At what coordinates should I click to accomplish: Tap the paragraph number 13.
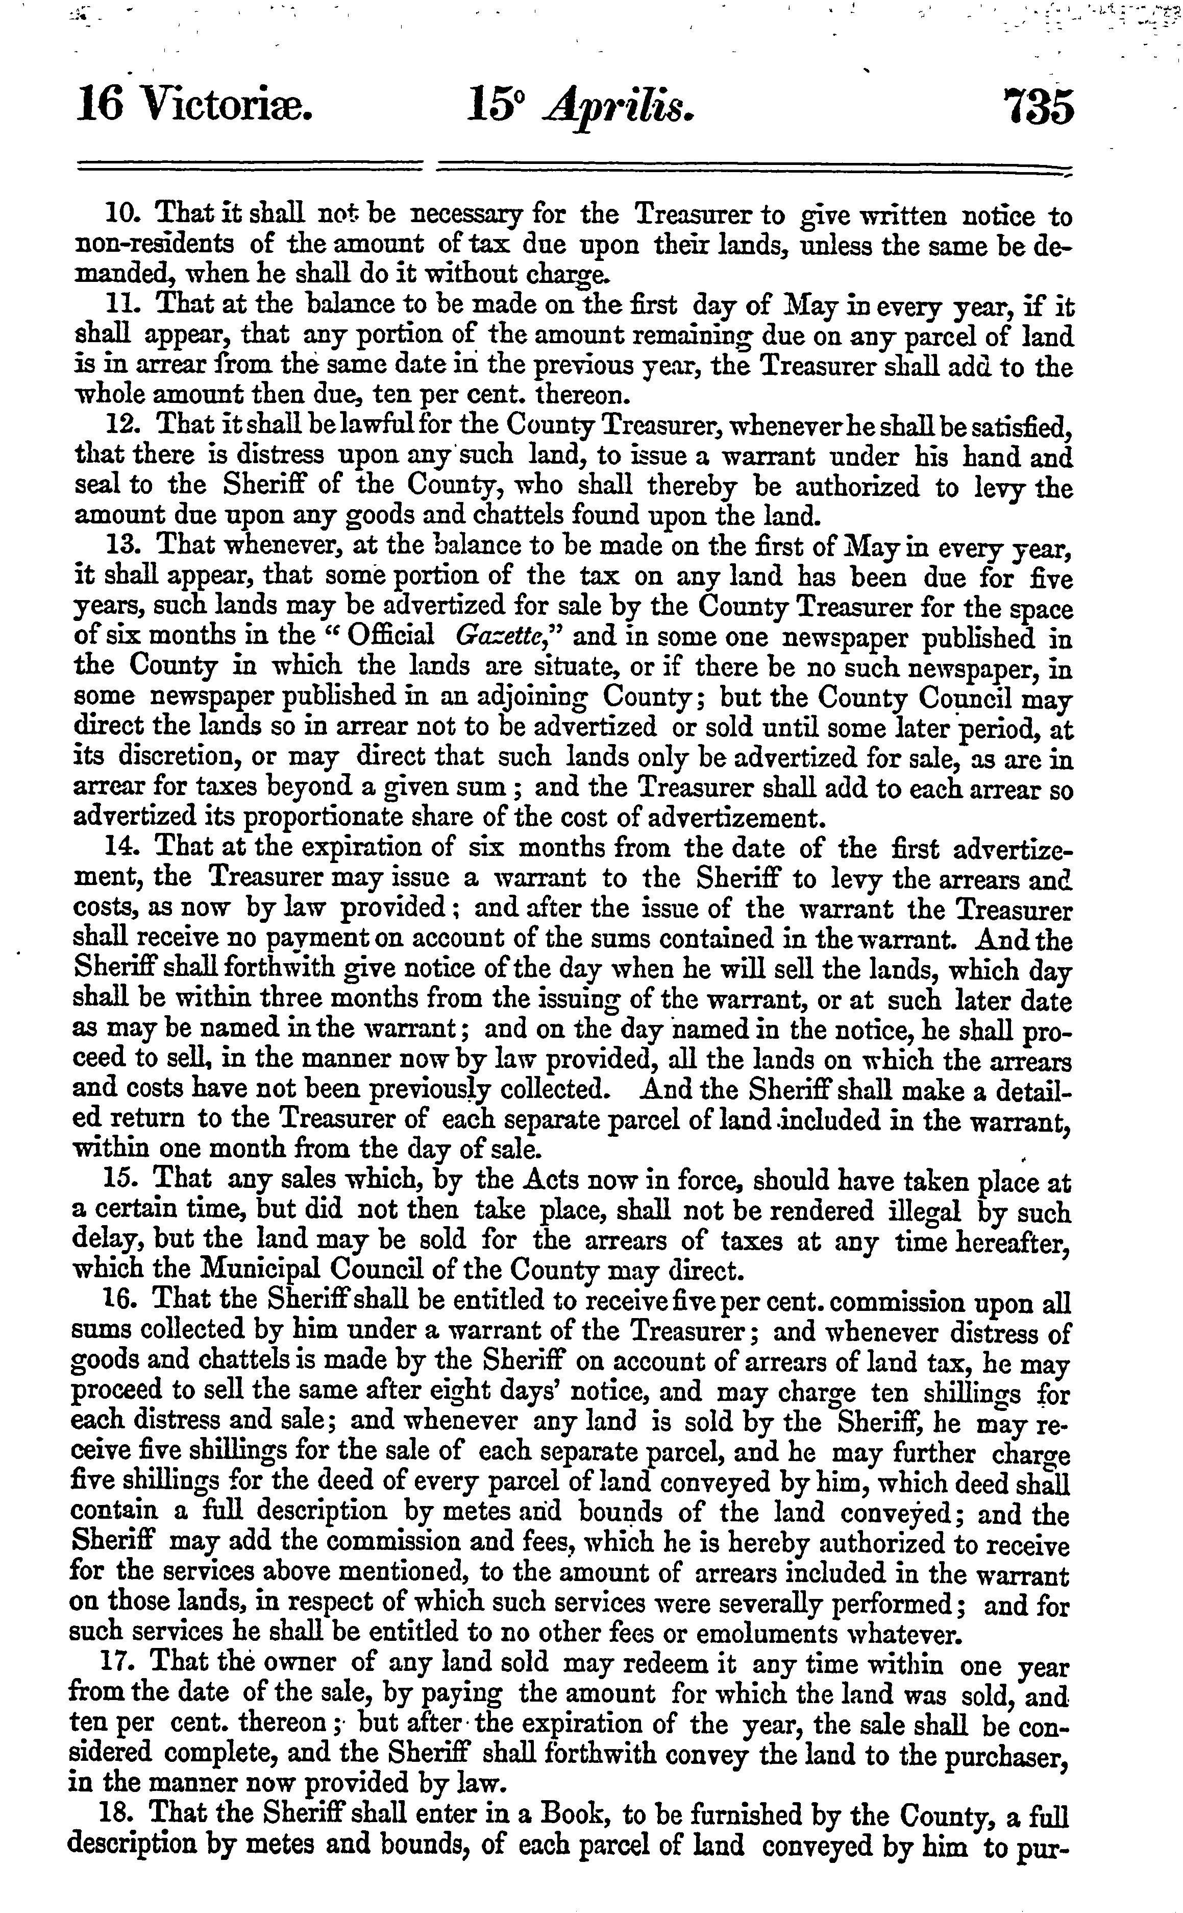tap(122, 544)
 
